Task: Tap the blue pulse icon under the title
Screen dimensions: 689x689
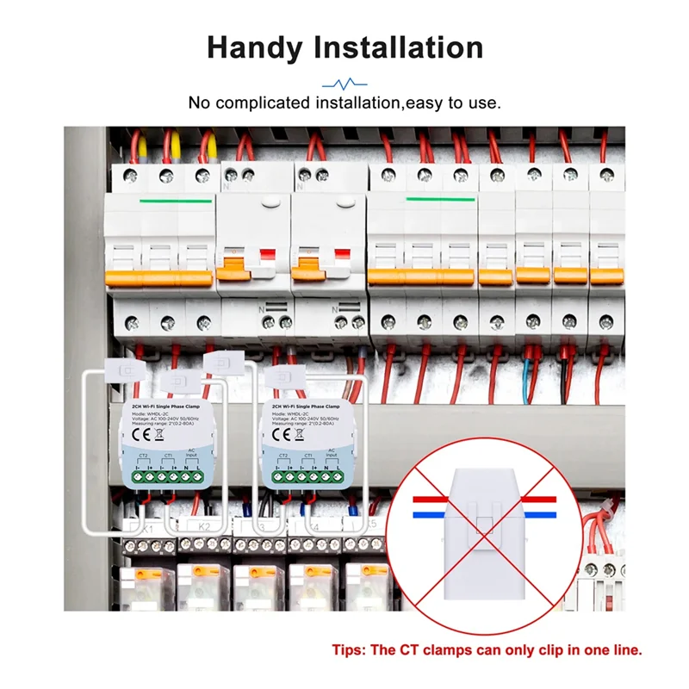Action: coord(344,84)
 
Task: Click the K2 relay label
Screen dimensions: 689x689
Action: coord(204,525)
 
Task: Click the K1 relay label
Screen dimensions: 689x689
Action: coord(147,525)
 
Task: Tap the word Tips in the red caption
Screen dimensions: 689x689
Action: coord(348,649)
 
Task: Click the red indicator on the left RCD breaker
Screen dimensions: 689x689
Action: coord(266,256)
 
